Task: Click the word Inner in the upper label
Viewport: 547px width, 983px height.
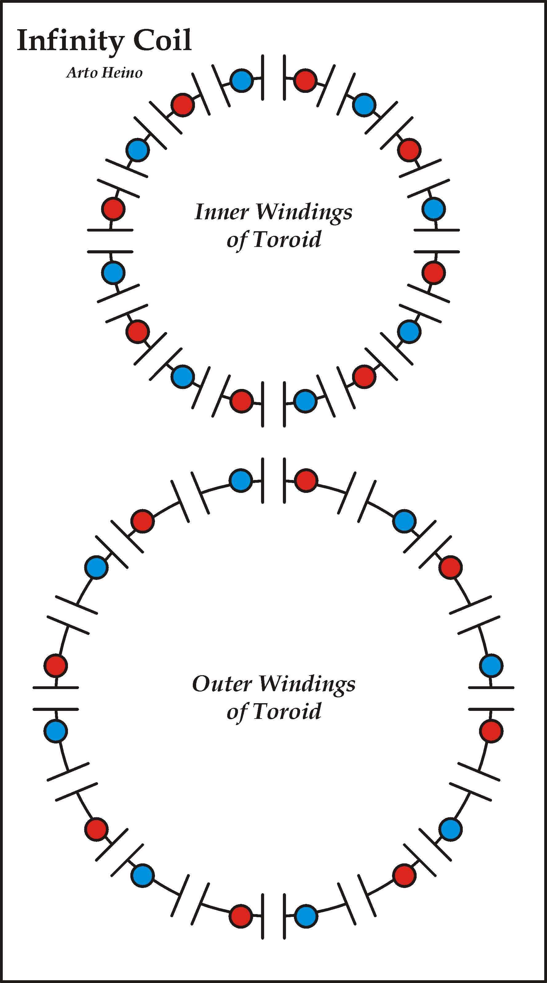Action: coord(221,212)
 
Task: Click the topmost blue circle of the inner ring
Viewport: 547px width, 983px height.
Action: coord(242,81)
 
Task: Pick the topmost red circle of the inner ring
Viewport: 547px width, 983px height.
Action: coord(305,81)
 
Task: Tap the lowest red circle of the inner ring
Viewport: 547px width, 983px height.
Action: coord(242,401)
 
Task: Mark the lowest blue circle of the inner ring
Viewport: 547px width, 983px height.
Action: coord(305,401)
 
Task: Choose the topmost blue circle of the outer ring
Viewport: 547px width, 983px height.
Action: coord(241,480)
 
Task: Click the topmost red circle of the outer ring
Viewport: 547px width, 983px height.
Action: coord(306,480)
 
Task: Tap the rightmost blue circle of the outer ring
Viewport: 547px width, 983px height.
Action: coord(491,665)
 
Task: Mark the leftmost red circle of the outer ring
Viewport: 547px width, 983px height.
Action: coord(56,665)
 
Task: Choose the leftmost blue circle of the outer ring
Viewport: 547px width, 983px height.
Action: coord(56,731)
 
